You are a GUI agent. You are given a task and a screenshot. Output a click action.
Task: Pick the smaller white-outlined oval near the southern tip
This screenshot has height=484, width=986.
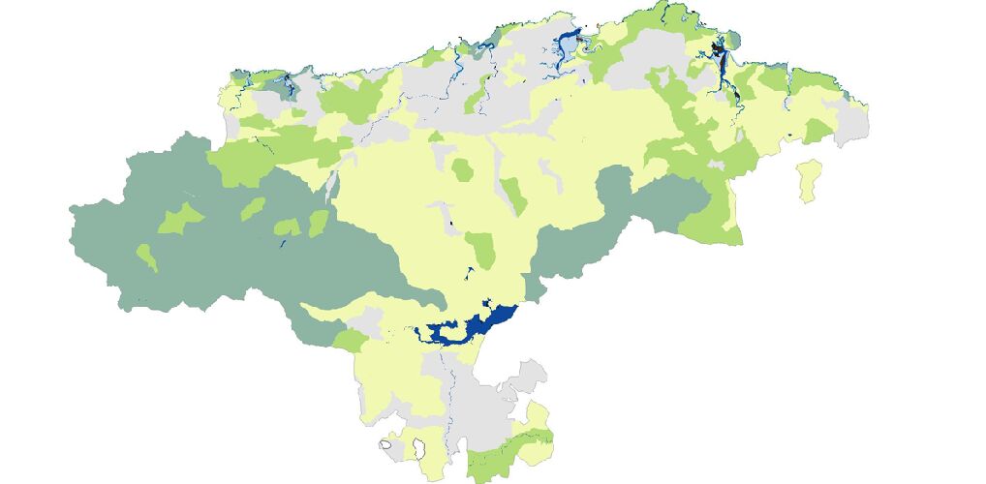pos(385,444)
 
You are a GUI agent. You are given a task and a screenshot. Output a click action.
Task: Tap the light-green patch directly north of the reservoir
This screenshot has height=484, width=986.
pos(481,249)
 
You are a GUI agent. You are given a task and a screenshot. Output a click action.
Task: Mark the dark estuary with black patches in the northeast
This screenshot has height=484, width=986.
pos(718,48)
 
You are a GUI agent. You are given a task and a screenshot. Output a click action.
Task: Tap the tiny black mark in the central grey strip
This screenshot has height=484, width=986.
pos(451,226)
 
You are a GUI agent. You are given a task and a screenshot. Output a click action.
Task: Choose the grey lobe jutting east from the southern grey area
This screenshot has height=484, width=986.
pos(528,378)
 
